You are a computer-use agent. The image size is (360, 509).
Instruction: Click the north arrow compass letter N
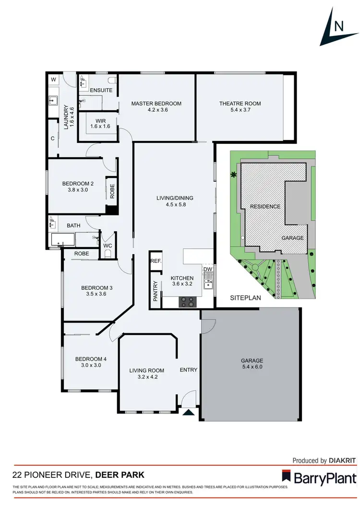(x=338, y=26)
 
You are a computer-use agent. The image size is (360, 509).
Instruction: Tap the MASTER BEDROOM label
(x=156, y=104)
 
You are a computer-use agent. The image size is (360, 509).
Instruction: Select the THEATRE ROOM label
(x=240, y=104)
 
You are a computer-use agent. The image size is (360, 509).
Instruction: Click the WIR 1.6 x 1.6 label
(x=100, y=124)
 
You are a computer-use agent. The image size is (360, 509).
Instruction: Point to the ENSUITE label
(x=101, y=90)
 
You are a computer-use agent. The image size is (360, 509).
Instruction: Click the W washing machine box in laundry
(x=53, y=80)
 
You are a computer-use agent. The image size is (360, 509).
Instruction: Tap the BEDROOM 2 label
(x=78, y=183)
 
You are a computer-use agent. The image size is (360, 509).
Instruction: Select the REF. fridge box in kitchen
(x=156, y=261)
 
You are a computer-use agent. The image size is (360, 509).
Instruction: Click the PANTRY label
(x=156, y=291)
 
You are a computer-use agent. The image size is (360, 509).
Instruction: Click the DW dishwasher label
(x=207, y=270)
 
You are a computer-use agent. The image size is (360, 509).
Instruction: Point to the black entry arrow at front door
(x=189, y=412)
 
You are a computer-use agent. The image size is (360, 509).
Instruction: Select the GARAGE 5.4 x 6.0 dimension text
(x=252, y=367)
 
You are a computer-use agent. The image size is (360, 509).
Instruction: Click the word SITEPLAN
(x=245, y=297)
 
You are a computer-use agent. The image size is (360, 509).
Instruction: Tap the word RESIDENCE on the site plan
(x=264, y=206)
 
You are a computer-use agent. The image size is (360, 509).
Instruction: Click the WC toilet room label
(x=108, y=245)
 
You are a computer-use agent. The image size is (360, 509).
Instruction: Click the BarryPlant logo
(x=319, y=478)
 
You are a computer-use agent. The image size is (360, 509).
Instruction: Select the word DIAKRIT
(x=343, y=461)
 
